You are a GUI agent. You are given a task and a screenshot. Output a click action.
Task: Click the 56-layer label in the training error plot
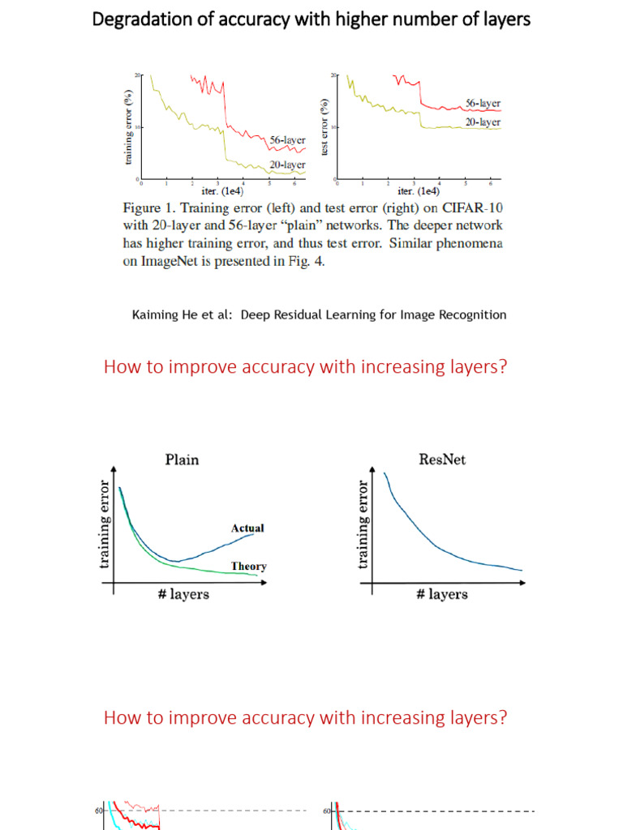tap(286, 140)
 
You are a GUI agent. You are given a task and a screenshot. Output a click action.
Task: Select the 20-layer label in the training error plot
tap(286, 164)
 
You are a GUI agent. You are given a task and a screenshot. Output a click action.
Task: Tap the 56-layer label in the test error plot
tap(483, 104)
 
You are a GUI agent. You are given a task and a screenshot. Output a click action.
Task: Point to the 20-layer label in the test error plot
tap(483, 122)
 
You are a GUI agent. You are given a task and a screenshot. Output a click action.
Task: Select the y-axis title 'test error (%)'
tap(324, 127)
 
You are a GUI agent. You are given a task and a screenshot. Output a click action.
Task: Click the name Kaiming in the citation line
tap(157, 314)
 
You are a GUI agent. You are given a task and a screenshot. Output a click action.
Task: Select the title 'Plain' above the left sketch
tap(182, 460)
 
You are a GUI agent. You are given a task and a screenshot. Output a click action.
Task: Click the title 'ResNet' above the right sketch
tap(442, 460)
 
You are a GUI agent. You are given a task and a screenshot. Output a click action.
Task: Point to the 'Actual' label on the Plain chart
tap(247, 528)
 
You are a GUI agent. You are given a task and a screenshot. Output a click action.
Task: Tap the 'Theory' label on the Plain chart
tap(248, 567)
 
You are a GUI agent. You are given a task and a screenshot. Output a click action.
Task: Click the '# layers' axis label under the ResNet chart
tap(441, 594)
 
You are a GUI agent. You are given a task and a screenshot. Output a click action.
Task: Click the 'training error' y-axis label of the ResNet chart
tap(363, 524)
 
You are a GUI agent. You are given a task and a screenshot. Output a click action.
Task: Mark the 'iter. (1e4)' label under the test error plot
tap(419, 191)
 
